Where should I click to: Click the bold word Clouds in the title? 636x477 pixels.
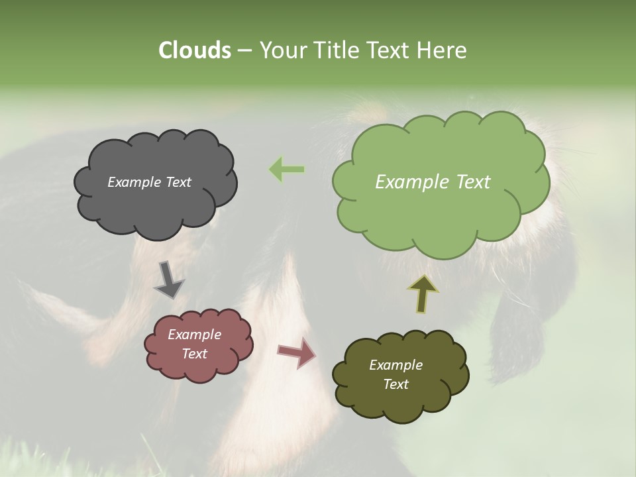point(194,50)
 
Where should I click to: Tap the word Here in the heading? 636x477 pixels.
point(442,50)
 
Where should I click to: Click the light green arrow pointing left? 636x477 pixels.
point(287,170)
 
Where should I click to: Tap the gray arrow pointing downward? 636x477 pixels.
point(169,280)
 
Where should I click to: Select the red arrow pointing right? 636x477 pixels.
point(297,352)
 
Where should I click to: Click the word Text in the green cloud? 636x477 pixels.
point(468,182)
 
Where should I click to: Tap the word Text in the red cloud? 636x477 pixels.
point(195,354)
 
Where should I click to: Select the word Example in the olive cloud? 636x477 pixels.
point(396,365)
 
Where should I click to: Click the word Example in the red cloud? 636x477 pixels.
point(194,335)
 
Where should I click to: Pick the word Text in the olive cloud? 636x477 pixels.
point(396,384)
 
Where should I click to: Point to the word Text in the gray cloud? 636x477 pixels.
point(178,182)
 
